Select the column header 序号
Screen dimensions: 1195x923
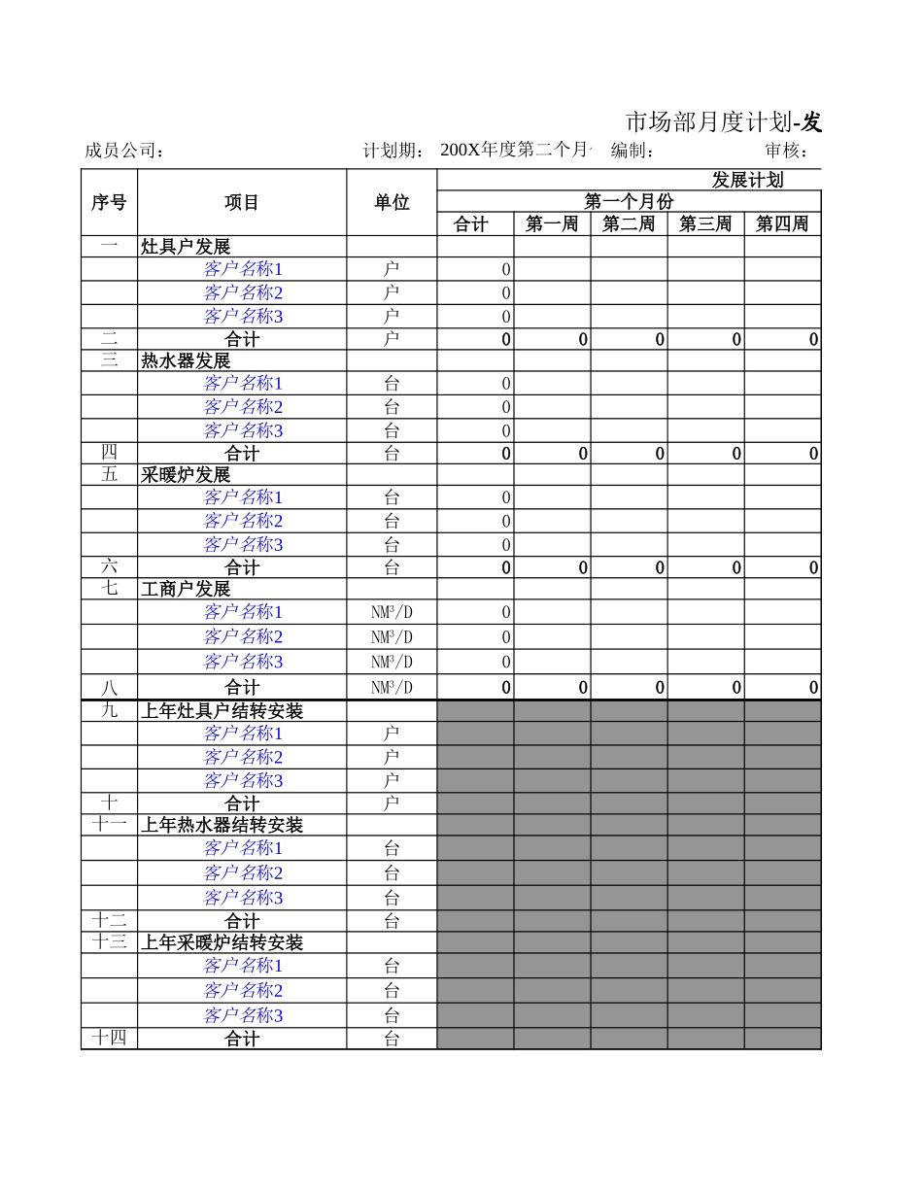(109, 202)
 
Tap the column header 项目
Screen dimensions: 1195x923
(242, 202)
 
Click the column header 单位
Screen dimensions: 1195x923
(392, 202)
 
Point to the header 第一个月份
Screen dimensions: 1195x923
(629, 201)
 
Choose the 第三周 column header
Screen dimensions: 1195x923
(705, 224)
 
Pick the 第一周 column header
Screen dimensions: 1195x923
(552, 224)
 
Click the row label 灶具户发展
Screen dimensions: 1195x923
(186, 247)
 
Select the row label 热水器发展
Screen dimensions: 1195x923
(186, 360)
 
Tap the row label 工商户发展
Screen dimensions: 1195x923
(186, 589)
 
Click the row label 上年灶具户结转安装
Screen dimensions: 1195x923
(222, 711)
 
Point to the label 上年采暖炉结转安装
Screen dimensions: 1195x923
(222, 942)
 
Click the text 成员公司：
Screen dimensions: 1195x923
(124, 151)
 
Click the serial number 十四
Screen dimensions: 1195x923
(109, 1039)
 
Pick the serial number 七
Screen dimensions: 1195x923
(109, 589)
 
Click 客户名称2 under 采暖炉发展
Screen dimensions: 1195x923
(243, 521)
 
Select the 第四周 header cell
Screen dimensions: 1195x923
(782, 224)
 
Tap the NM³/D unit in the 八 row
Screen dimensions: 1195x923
(392, 688)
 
